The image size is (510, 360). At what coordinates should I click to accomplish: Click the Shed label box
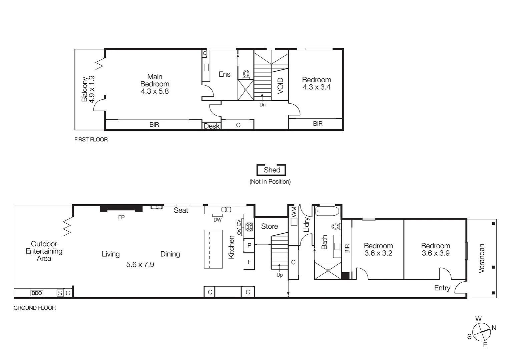pos(272,170)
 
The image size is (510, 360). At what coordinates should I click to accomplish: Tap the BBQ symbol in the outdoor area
pos(37,293)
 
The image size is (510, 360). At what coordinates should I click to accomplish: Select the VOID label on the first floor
pos(280,85)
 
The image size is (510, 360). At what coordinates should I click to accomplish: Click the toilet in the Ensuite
pos(246,74)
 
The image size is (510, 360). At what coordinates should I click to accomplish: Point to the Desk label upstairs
pos(212,126)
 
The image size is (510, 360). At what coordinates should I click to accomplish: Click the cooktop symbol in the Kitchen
pos(249,227)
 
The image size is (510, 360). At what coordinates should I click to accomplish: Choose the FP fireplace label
pos(121,217)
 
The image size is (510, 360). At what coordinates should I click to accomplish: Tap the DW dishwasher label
pos(217,220)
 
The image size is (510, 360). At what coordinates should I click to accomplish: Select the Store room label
pos(270,226)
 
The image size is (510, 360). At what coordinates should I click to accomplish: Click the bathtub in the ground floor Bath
pos(327,211)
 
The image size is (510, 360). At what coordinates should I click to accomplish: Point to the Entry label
pos(442,288)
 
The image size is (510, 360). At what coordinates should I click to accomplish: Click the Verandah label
pos(481,258)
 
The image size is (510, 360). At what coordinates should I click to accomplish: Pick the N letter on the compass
pos(494,328)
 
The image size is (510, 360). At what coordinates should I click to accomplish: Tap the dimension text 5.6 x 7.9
pos(140,265)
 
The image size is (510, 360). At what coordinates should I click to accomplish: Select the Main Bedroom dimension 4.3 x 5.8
pos(155,91)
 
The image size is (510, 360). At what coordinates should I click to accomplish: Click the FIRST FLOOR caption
pos(91,140)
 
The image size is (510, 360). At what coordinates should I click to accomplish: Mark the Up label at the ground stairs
pos(280,275)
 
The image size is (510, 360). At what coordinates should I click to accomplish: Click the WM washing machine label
pos(294,212)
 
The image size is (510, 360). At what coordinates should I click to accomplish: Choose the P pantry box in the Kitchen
pos(249,245)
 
